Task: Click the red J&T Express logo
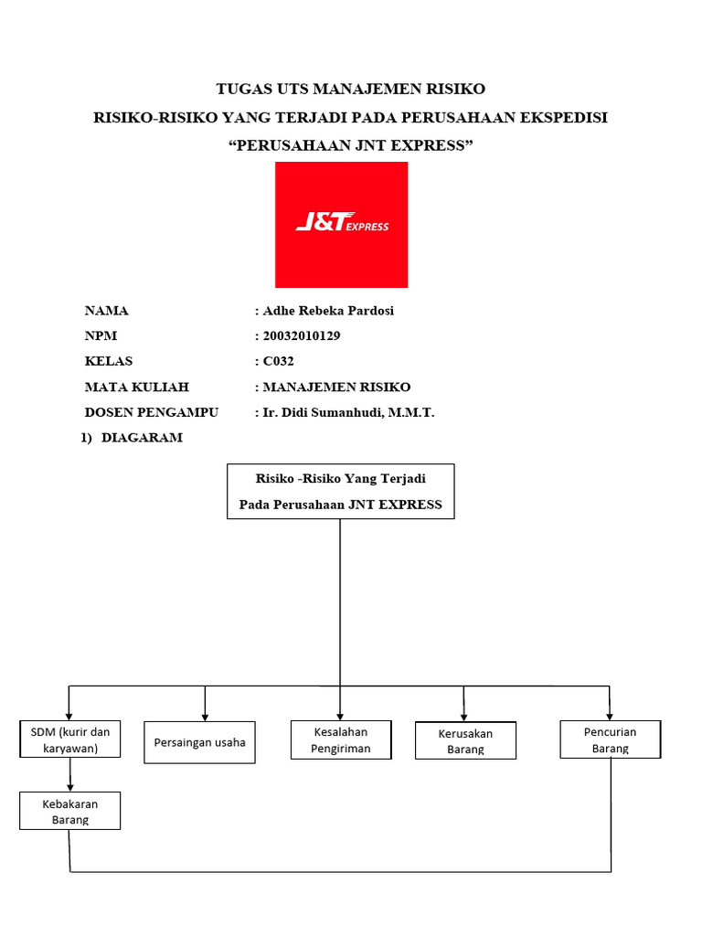341,225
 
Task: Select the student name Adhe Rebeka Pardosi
328,311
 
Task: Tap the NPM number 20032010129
302,336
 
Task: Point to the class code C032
278,361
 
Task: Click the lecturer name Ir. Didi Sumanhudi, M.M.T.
348,412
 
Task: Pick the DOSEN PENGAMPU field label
152,412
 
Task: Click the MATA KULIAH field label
137,387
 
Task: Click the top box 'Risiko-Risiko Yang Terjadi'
340,491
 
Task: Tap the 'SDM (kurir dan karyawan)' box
70,739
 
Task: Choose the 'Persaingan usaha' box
200,742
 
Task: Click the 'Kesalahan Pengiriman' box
340,739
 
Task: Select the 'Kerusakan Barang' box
465,740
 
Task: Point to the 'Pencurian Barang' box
610,739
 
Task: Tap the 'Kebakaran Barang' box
70,811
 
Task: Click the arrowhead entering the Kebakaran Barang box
70,787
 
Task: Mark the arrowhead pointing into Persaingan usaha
205,716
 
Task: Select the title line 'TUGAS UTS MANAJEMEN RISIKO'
351,89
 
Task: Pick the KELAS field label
109,361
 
